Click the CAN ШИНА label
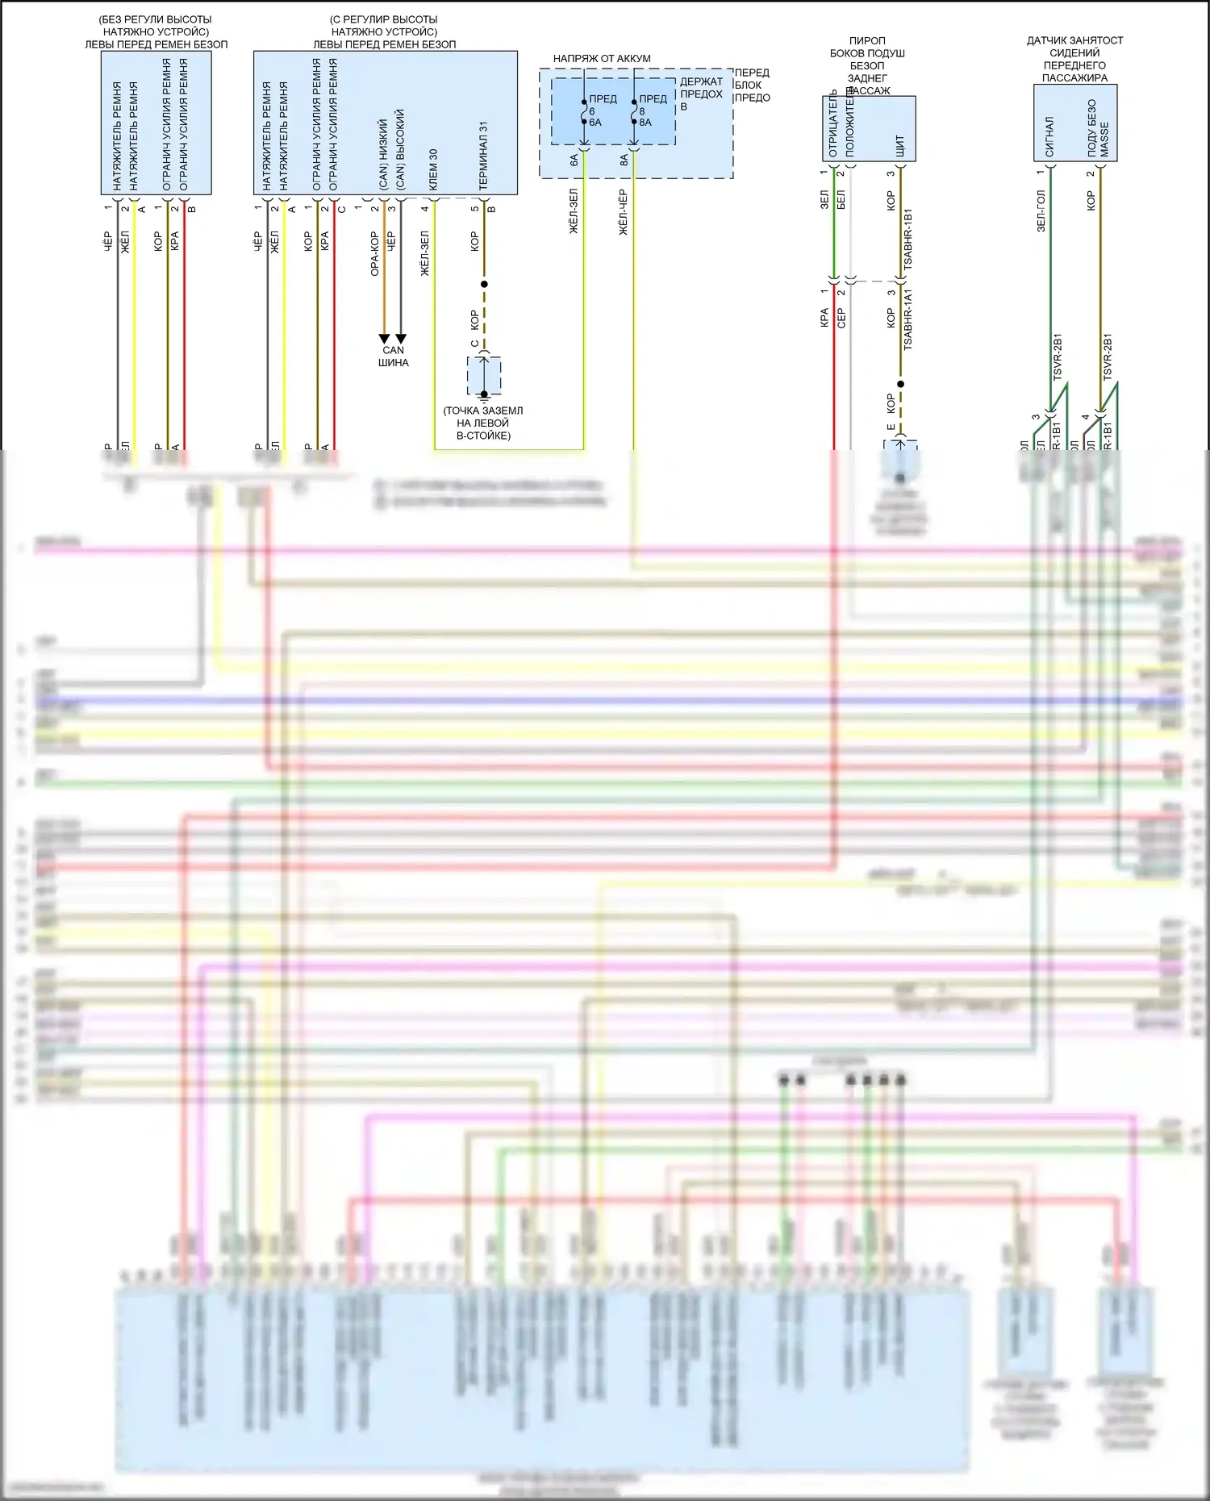(393, 356)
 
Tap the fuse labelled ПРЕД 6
(585, 111)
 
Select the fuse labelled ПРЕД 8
(635, 111)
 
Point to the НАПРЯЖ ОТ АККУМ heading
(602, 59)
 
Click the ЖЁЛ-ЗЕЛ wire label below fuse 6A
(574, 211)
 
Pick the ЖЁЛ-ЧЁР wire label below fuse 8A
(623, 212)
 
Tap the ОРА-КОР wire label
(374, 253)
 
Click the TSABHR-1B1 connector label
(908, 239)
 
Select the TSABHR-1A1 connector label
(908, 319)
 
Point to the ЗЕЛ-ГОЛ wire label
(1041, 211)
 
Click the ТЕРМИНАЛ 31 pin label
(483, 156)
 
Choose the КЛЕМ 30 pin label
(433, 169)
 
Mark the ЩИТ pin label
(900, 146)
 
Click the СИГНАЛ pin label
(1049, 136)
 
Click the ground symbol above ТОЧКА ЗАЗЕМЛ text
(484, 394)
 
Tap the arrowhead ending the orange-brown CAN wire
(384, 339)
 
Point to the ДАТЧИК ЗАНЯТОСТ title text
(1074, 40)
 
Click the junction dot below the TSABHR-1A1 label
(900, 384)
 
